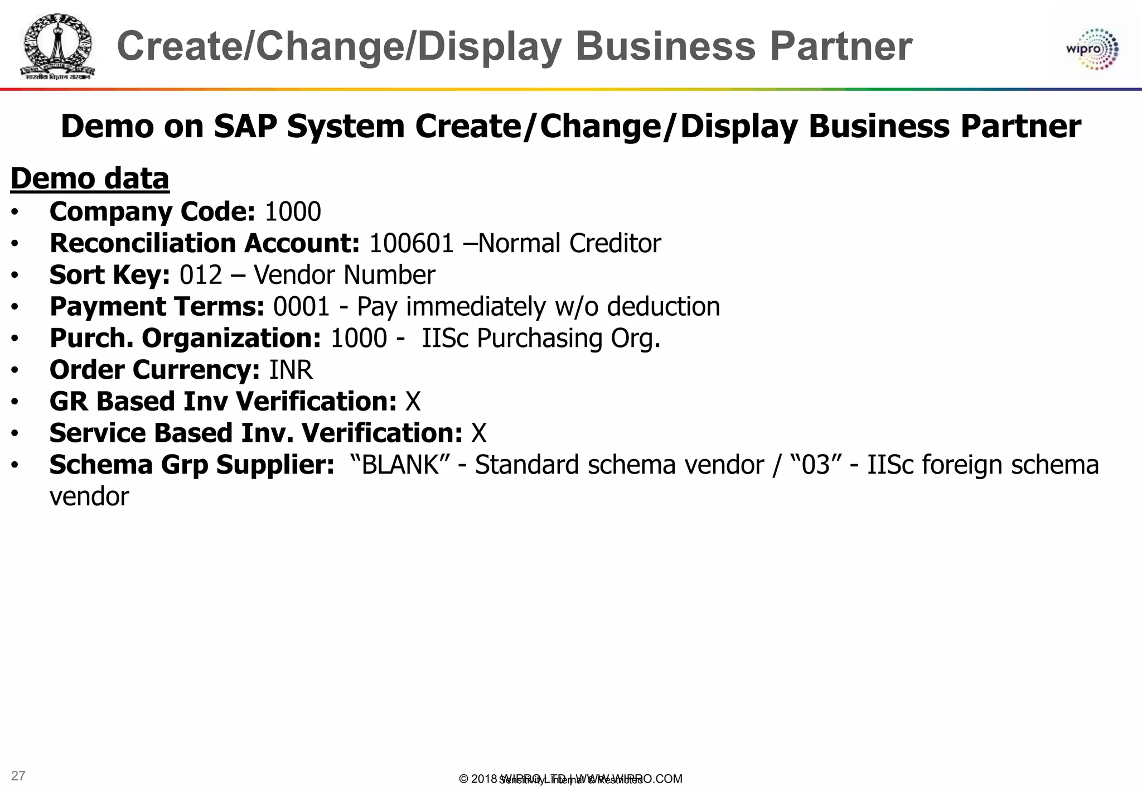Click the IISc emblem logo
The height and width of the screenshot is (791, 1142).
[x=57, y=47]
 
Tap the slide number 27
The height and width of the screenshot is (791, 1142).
[x=18, y=775]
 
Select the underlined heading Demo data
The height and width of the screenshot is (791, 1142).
[x=90, y=179]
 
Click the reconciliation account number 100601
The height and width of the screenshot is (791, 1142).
[x=412, y=243]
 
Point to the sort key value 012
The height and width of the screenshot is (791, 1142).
[x=201, y=275]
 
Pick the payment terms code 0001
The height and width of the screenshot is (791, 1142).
[x=302, y=307]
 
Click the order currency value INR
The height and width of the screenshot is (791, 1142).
[x=291, y=370]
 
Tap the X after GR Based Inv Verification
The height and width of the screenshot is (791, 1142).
[x=413, y=402]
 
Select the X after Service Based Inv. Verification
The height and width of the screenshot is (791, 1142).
[x=479, y=433]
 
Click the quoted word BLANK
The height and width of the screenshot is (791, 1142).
[x=400, y=465]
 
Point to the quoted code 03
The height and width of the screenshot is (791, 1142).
[x=816, y=465]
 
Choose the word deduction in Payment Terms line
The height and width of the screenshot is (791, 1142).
[x=663, y=307]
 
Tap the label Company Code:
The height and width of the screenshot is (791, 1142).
[x=152, y=212]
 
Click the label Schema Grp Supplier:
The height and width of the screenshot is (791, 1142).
[x=192, y=465]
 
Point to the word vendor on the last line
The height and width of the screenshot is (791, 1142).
[x=89, y=496]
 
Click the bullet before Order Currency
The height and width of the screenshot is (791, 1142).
[x=15, y=370]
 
